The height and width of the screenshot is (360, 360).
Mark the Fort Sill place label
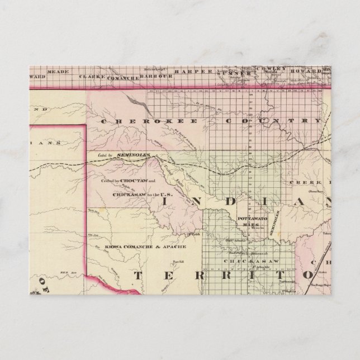[x=178, y=262]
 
